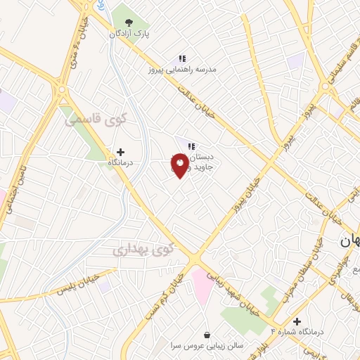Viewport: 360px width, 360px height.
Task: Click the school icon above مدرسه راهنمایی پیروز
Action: pyautogui.click(x=181, y=58)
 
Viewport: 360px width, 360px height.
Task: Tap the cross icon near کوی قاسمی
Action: pyautogui.click(x=120, y=151)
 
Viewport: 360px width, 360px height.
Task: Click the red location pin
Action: pyautogui.click(x=179, y=165)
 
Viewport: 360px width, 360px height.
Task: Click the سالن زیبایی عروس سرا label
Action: pyautogui.click(x=206, y=347)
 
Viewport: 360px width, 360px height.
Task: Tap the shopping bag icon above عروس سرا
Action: pyautogui.click(x=206, y=335)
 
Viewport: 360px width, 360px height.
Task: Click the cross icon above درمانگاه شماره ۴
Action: pyautogui.click(x=297, y=320)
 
